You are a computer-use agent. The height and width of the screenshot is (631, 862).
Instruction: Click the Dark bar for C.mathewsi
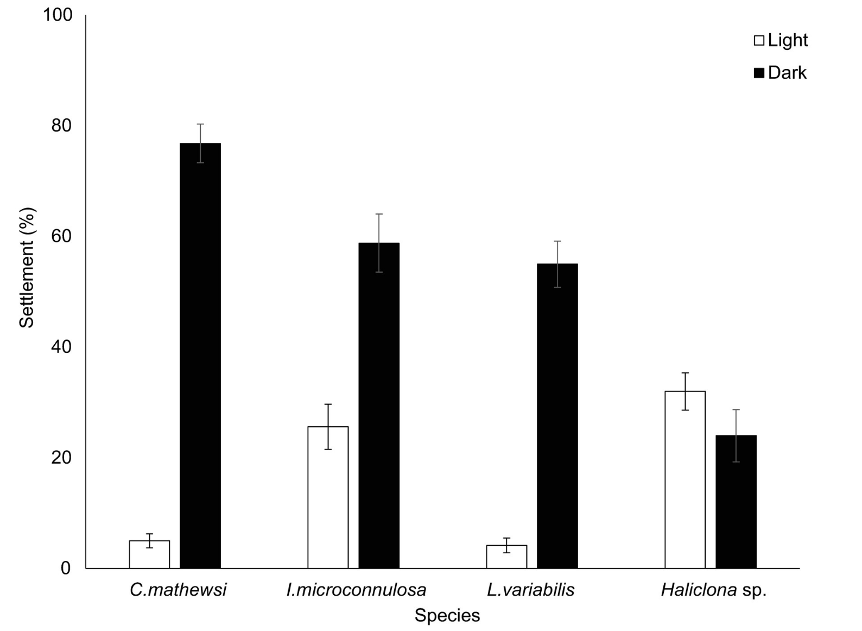[x=200, y=356]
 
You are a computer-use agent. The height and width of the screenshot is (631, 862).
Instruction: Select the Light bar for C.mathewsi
[x=149, y=554]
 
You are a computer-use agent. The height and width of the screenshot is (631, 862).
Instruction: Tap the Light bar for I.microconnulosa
[x=328, y=497]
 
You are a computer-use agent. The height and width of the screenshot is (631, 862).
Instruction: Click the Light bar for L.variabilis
[x=506, y=557]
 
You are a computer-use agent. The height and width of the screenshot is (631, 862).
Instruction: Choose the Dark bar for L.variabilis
[x=557, y=416]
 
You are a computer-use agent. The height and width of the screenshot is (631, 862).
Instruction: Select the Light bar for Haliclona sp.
[x=685, y=479]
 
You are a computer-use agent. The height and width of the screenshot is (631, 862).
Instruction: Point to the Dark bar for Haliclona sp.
[x=736, y=502]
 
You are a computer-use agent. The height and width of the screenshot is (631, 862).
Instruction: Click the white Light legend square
[x=759, y=41]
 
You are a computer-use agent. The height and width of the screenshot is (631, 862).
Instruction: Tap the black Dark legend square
[x=759, y=73]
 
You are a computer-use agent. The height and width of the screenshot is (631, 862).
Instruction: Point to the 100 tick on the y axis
[x=58, y=15]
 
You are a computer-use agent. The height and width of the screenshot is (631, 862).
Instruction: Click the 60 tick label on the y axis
[x=61, y=236]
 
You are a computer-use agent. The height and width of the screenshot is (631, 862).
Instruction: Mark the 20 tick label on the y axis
[x=61, y=458]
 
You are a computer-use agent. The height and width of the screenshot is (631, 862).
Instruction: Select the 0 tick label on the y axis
[x=66, y=568]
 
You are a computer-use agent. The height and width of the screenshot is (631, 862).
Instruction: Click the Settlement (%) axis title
[x=27, y=268]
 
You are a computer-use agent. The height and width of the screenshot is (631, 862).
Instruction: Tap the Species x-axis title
[x=447, y=615]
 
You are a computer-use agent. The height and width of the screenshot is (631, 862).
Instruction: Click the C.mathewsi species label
[x=178, y=590]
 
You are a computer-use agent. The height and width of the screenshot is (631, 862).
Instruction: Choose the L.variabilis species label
[x=530, y=590]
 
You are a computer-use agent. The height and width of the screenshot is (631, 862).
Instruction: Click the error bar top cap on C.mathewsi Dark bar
[x=200, y=124]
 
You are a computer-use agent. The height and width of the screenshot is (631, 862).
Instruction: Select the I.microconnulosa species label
[x=356, y=590]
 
